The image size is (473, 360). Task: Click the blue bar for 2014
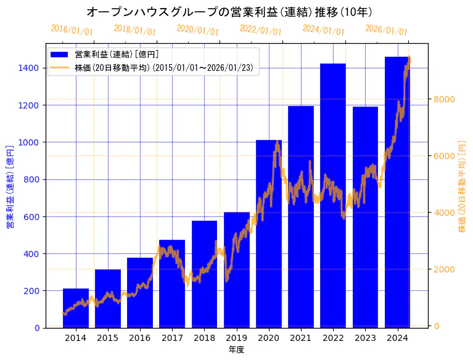(x=76, y=308)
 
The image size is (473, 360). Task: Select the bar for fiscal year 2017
(x=172, y=284)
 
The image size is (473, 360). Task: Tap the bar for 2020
(x=269, y=234)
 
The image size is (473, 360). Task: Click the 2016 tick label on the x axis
(x=140, y=338)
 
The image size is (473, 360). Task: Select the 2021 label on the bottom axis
(x=301, y=338)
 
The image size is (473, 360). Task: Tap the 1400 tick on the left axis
(x=29, y=68)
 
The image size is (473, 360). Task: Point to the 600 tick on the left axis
(x=31, y=216)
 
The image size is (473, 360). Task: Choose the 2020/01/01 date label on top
(x=197, y=30)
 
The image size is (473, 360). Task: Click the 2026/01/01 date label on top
(x=386, y=30)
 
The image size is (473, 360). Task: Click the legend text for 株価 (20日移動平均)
(x=163, y=68)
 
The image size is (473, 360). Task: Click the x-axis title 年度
(x=237, y=350)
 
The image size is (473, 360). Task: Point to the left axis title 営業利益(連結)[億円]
(x=10, y=187)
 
